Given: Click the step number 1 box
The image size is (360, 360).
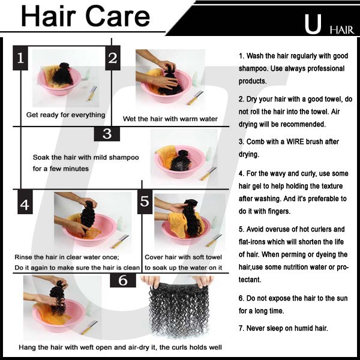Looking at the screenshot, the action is pos(20,58).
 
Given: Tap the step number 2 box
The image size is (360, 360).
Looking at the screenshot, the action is pos(113,58).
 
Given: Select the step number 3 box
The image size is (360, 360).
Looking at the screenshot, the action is pos(107,134).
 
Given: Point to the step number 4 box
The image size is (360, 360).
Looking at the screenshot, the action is pos(25,202).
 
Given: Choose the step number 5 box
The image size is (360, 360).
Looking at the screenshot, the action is pos(145,202).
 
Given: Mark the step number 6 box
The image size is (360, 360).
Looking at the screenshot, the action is pos(123,280).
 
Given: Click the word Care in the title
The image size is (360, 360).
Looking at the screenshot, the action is pos(118,16).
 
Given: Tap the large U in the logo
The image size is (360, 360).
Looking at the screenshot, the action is pos(313,25).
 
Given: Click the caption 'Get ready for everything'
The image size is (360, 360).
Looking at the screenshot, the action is pos(65,115).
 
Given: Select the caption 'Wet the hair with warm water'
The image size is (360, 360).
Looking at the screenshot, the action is pos(170,119).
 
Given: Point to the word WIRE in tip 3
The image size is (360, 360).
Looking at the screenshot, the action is pos(295,142).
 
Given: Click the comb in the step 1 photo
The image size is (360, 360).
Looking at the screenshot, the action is pos(92,93).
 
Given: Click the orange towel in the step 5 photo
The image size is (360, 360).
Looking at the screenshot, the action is pos(179,224).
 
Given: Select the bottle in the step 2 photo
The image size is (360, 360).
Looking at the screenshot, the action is pos(195,79).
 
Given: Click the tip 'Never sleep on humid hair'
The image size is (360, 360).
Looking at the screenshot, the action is pos(283,328).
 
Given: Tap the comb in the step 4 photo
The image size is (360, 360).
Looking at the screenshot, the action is pos(121,241).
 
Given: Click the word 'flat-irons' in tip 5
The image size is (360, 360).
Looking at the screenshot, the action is pos(251,242).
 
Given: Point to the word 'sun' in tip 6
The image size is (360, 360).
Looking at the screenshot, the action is pos(342,298).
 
